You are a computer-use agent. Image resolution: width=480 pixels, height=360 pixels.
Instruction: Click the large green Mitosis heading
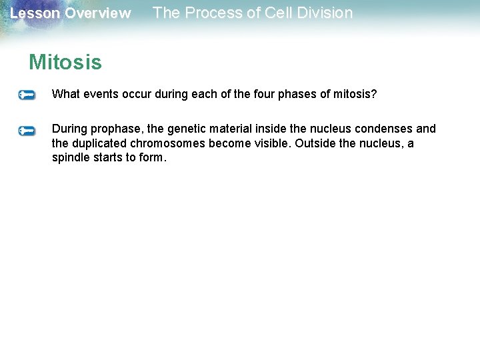(65, 63)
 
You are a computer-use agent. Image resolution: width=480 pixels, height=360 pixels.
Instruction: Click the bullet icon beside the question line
(27, 95)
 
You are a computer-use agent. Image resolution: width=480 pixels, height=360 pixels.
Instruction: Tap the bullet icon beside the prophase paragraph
(27, 131)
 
